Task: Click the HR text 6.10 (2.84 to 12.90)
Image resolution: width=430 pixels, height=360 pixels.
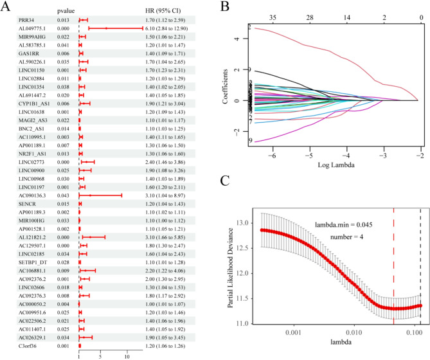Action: [x=170, y=28]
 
